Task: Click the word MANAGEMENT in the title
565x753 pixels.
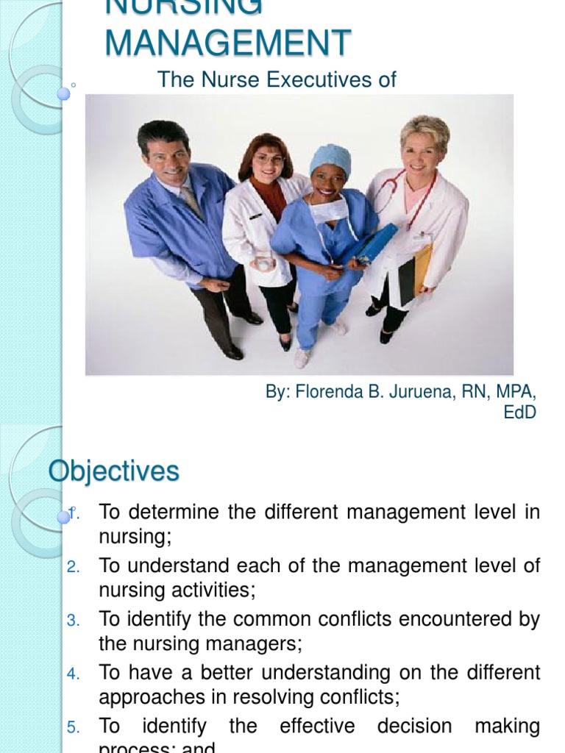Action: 228,42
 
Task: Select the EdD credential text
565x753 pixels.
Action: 519,413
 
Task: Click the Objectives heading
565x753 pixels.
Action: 114,471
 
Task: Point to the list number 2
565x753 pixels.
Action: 72,567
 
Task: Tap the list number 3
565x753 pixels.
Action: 72,621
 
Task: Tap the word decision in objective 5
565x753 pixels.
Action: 417,727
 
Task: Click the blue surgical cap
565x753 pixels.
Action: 330,157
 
